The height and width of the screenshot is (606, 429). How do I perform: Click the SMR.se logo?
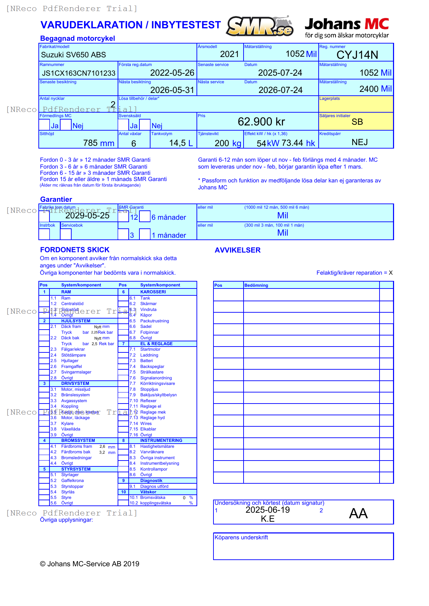coord(260,26)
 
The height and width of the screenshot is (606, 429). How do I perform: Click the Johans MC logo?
coord(347,28)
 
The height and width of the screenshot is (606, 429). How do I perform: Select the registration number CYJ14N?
coord(357,55)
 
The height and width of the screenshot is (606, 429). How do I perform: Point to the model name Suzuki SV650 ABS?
coord(73,55)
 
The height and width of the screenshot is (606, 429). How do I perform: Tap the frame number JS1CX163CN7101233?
coord(79,73)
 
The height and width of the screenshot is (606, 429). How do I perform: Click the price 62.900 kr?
coord(261,122)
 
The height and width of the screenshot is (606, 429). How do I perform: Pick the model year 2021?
coord(229,54)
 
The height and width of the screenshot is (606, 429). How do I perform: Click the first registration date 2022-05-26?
coord(172,73)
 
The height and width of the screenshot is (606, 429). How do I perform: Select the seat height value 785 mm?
coord(99,143)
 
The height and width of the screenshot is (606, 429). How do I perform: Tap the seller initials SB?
coord(357,122)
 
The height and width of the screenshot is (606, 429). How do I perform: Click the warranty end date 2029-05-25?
coord(87,216)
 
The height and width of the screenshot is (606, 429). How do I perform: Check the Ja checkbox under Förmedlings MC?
coord(44,125)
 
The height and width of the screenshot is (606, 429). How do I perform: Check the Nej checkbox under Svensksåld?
coord(145,125)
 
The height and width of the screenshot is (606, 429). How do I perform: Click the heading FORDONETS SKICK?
coord(75,250)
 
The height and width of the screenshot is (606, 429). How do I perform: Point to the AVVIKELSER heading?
coord(237,250)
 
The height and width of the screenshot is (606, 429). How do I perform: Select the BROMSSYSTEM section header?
coord(78,441)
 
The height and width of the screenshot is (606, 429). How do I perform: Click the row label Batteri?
coord(146,361)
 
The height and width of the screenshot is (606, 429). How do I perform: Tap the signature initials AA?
coord(358,513)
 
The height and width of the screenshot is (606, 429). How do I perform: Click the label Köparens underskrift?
coord(241,538)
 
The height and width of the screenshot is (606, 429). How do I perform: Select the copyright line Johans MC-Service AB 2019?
coord(90,564)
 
